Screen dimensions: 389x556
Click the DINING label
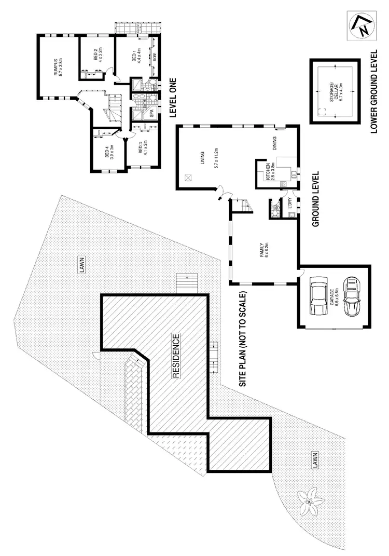(x=274, y=141)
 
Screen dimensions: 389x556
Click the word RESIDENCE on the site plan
(x=176, y=356)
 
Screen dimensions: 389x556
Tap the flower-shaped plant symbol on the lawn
(x=309, y=501)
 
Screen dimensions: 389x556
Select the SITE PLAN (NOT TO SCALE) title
(x=242, y=337)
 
